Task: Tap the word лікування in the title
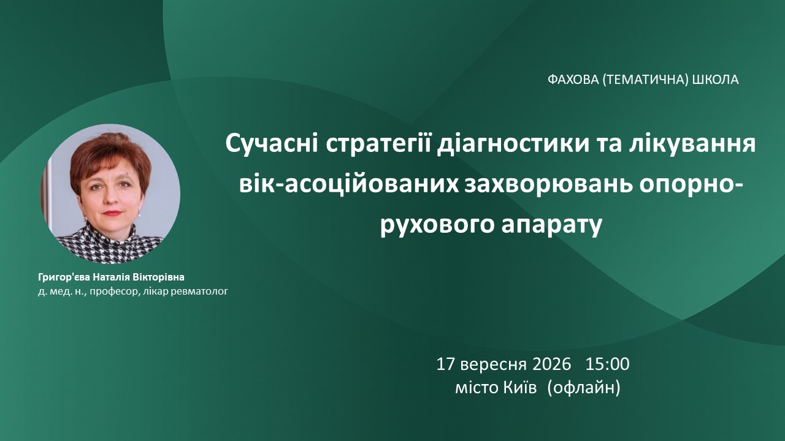coord(692,144)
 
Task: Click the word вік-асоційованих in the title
coord(349,184)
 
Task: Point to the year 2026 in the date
coord(551,364)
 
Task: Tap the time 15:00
coord(607,364)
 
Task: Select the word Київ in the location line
coord(520,388)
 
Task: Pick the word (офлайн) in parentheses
coord(583,388)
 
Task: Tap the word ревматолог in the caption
coord(199,291)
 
